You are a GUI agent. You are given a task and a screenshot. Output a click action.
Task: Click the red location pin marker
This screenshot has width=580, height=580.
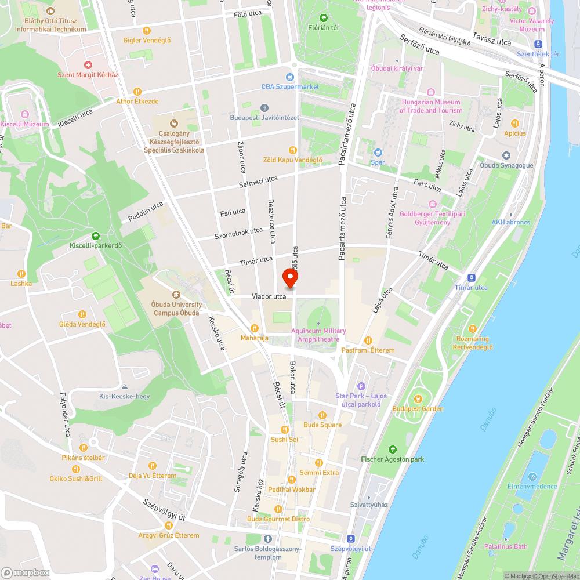[x=290, y=279]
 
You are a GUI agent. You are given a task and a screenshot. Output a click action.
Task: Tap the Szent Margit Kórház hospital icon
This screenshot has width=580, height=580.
[x=88, y=65]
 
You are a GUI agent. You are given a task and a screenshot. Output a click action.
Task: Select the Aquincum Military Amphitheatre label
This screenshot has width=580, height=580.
[x=318, y=335]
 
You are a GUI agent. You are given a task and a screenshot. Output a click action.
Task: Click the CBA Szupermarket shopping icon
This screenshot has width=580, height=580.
[x=289, y=77]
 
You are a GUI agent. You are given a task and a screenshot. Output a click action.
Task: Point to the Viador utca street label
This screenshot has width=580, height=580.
[x=269, y=296]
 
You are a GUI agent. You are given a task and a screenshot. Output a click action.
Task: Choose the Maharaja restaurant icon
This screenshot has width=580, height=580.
[x=254, y=328]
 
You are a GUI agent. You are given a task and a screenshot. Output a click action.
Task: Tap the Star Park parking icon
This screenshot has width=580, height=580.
[x=361, y=386]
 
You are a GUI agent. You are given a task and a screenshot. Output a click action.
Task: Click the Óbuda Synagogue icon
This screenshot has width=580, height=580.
[x=506, y=155]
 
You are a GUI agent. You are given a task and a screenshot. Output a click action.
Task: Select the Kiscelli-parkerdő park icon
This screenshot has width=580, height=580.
[x=95, y=236]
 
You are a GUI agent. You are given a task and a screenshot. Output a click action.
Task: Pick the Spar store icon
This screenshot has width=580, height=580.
[x=378, y=153]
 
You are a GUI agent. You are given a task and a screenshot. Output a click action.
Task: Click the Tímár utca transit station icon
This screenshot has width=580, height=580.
[x=471, y=278]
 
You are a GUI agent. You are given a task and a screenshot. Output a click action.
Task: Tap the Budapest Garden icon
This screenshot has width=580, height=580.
[x=418, y=399]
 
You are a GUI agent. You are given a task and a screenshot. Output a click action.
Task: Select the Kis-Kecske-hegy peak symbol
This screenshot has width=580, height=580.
[x=124, y=387]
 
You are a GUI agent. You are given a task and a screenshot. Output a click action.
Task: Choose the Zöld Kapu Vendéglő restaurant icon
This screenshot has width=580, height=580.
[x=292, y=150]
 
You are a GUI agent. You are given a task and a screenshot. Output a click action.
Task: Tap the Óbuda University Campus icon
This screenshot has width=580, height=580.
[x=176, y=295]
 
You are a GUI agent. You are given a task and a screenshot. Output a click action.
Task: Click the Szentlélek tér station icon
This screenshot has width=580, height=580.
[x=538, y=44]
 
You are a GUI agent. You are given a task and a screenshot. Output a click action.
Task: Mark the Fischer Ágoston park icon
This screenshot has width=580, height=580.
[x=393, y=449]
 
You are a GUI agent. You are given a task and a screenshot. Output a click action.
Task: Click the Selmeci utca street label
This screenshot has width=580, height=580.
[x=259, y=182]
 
